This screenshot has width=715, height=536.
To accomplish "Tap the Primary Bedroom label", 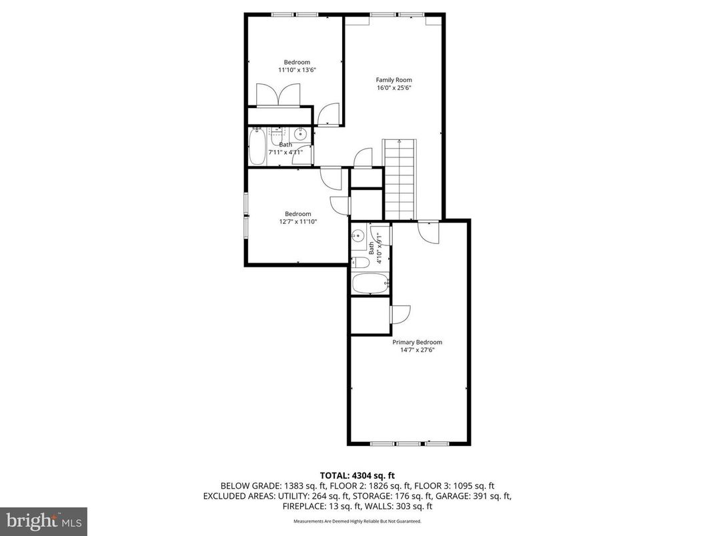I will click(417, 342).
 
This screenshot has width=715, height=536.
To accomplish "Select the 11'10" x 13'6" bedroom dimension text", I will click(297, 69).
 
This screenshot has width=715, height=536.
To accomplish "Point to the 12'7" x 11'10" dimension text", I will click(298, 221).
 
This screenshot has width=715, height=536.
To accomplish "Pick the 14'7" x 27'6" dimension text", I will click(417, 349).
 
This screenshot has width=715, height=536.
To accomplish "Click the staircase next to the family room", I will click(399, 179).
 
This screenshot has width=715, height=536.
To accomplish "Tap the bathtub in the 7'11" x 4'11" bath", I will click(257, 147).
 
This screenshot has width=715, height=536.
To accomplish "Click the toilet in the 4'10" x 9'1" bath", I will click(358, 261).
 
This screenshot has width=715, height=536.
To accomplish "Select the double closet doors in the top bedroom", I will click(280, 95).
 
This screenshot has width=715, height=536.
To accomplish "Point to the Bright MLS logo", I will click(43, 520).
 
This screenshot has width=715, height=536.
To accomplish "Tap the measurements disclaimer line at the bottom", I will click(357, 522).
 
